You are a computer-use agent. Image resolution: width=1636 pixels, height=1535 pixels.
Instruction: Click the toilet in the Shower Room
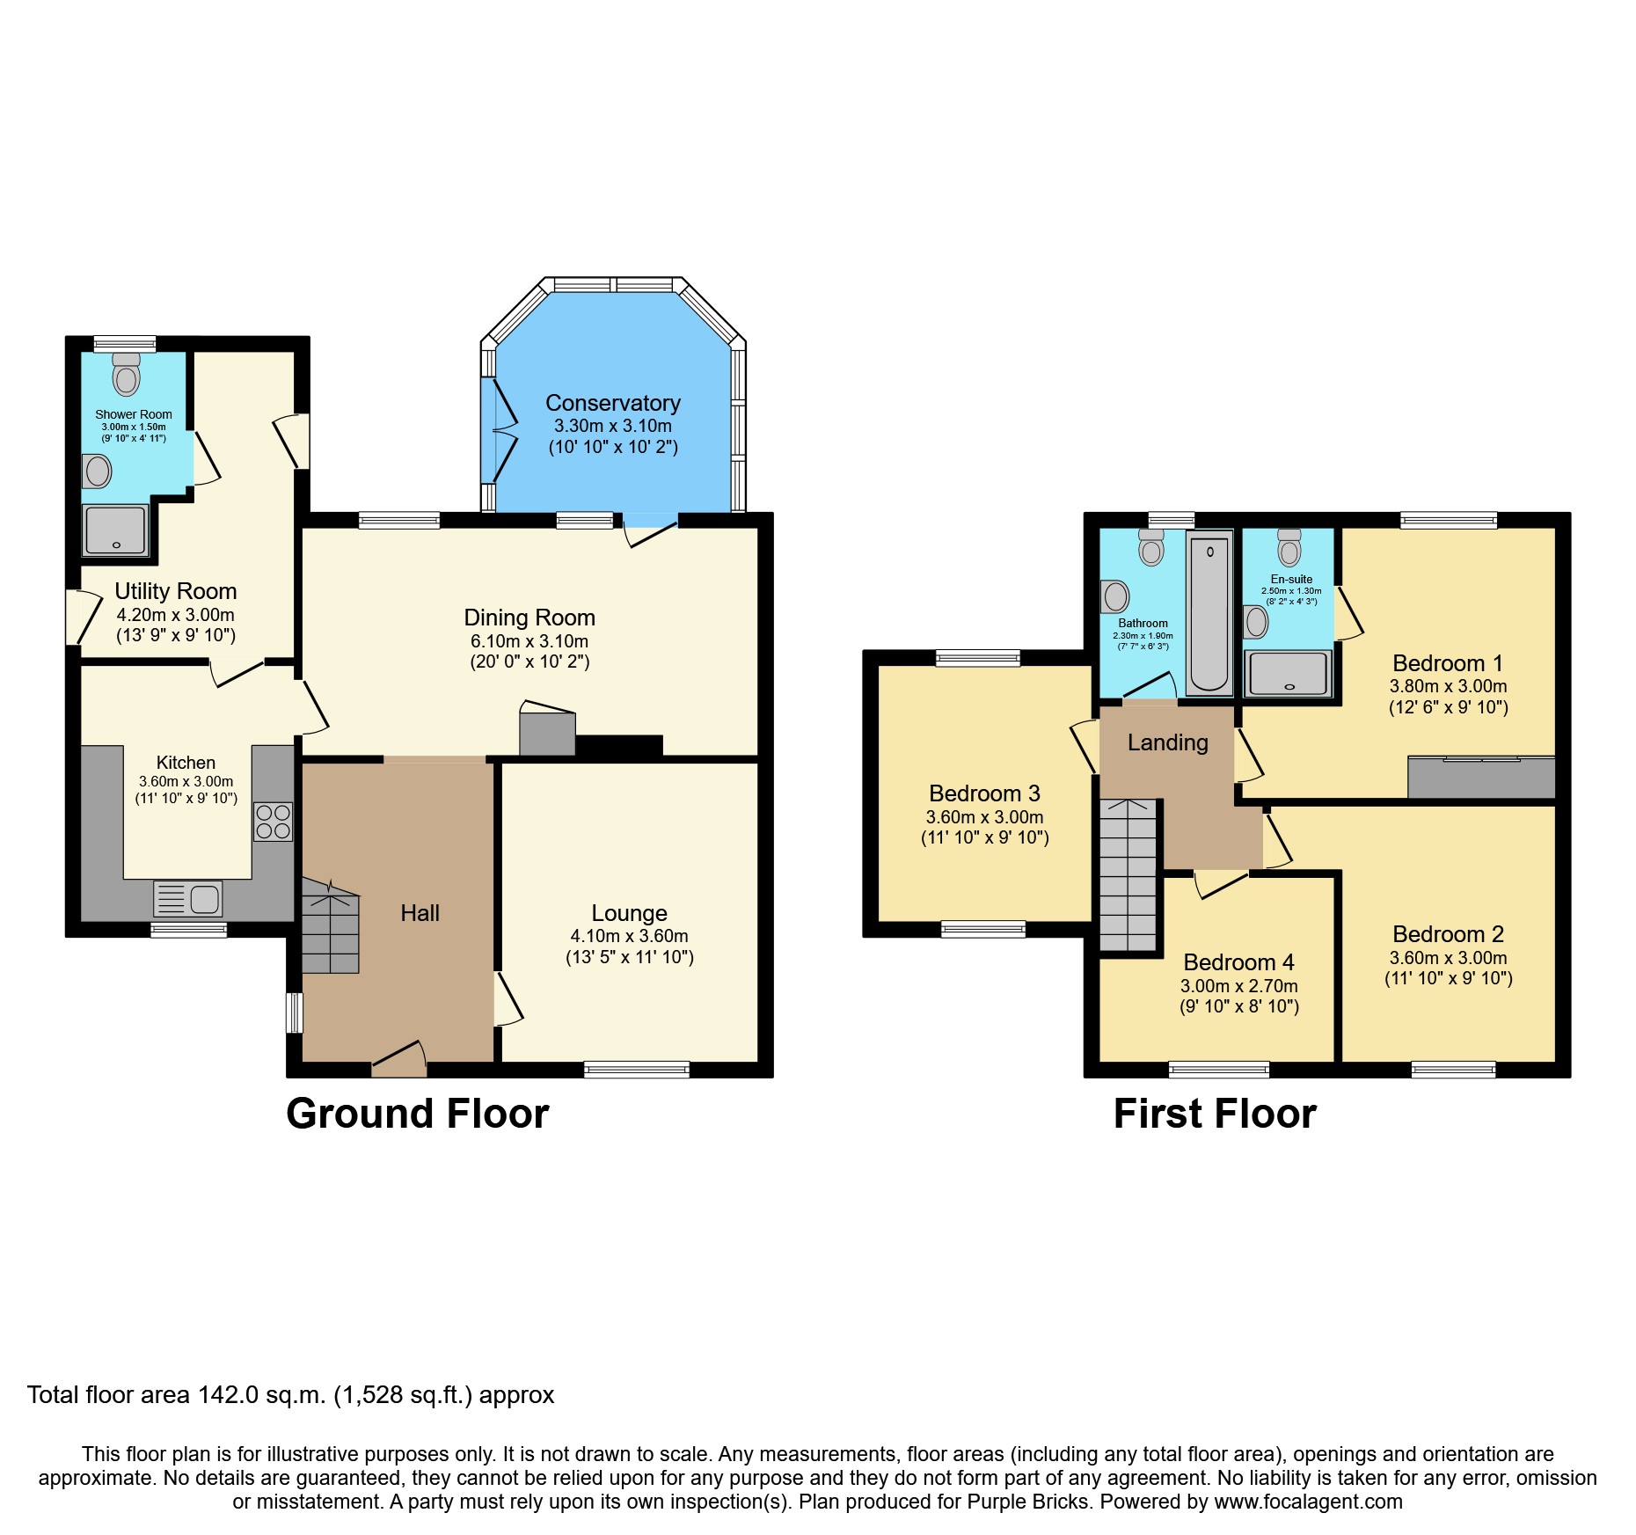127,375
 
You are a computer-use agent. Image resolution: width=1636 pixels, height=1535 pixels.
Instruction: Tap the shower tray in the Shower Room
116,530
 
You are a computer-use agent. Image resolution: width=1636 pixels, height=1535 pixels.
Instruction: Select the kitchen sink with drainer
187,898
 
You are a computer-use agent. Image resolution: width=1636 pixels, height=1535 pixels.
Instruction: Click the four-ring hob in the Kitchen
273,822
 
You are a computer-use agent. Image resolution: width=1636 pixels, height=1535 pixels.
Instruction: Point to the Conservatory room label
612,403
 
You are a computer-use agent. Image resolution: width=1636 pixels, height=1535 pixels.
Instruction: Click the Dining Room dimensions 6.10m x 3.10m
529,641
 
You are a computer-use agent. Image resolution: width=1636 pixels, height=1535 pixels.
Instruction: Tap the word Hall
420,913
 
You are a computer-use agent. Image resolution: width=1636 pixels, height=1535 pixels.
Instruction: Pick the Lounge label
629,913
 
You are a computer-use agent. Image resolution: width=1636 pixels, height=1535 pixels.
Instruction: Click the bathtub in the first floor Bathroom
1209,612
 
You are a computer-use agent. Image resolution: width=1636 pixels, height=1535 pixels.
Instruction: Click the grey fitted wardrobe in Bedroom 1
1481,778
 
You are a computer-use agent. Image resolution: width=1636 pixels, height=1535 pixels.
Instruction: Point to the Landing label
1167,742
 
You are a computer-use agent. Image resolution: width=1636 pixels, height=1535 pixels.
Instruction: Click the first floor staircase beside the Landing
1128,875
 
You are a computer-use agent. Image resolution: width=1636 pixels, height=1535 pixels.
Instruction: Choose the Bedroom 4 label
1238,962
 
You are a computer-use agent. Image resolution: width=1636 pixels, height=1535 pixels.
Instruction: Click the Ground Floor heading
417,1114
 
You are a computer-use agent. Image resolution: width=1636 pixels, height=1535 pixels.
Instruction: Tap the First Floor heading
1214,1114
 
